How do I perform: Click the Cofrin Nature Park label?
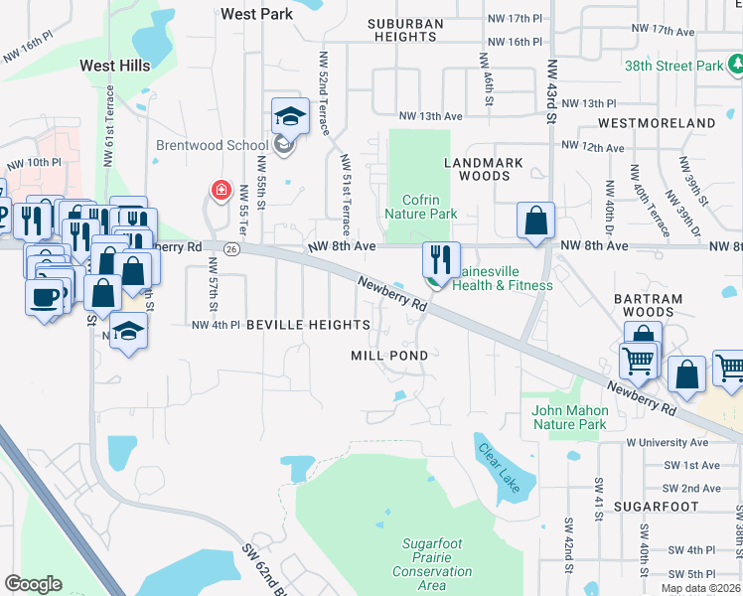(420, 207)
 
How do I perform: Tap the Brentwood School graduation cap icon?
(290, 117)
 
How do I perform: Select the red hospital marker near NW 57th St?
(221, 190)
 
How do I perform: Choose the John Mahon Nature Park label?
(568, 417)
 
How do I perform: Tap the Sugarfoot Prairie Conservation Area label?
(432, 564)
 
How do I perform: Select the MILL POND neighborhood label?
(389, 355)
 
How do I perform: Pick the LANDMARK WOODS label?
(477, 169)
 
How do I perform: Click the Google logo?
(33, 584)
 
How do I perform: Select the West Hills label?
(115, 66)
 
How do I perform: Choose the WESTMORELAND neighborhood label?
(657, 123)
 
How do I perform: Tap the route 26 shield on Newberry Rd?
(229, 247)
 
